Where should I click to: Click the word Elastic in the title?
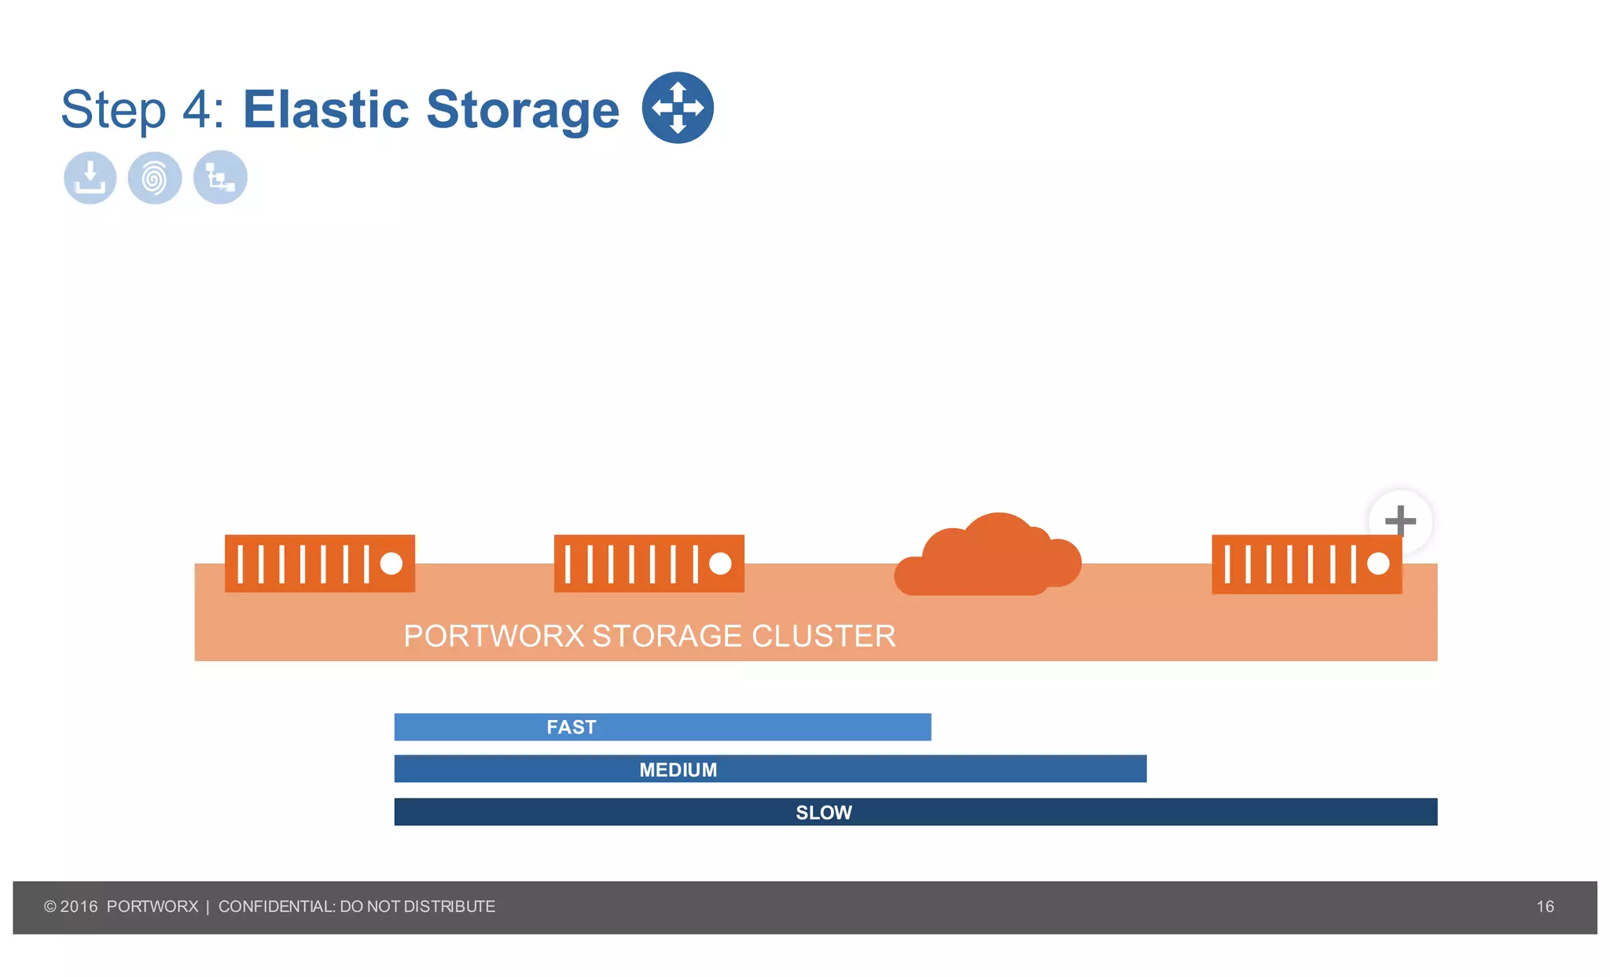325,109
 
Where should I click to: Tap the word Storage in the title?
523,109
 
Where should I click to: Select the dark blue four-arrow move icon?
678,108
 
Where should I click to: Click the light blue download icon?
90,178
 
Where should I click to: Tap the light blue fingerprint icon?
155,178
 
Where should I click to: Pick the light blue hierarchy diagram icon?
220,178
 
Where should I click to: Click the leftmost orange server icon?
319,564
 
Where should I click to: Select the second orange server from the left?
649,564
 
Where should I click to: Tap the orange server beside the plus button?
1306,564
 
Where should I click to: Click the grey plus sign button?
1400,520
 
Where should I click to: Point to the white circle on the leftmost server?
391,564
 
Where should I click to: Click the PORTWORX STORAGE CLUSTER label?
649,636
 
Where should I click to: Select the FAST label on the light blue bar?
572,727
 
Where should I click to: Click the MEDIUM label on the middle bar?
678,769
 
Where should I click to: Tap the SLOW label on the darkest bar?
823,812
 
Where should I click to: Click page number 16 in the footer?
1545,906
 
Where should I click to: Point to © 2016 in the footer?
71,906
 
